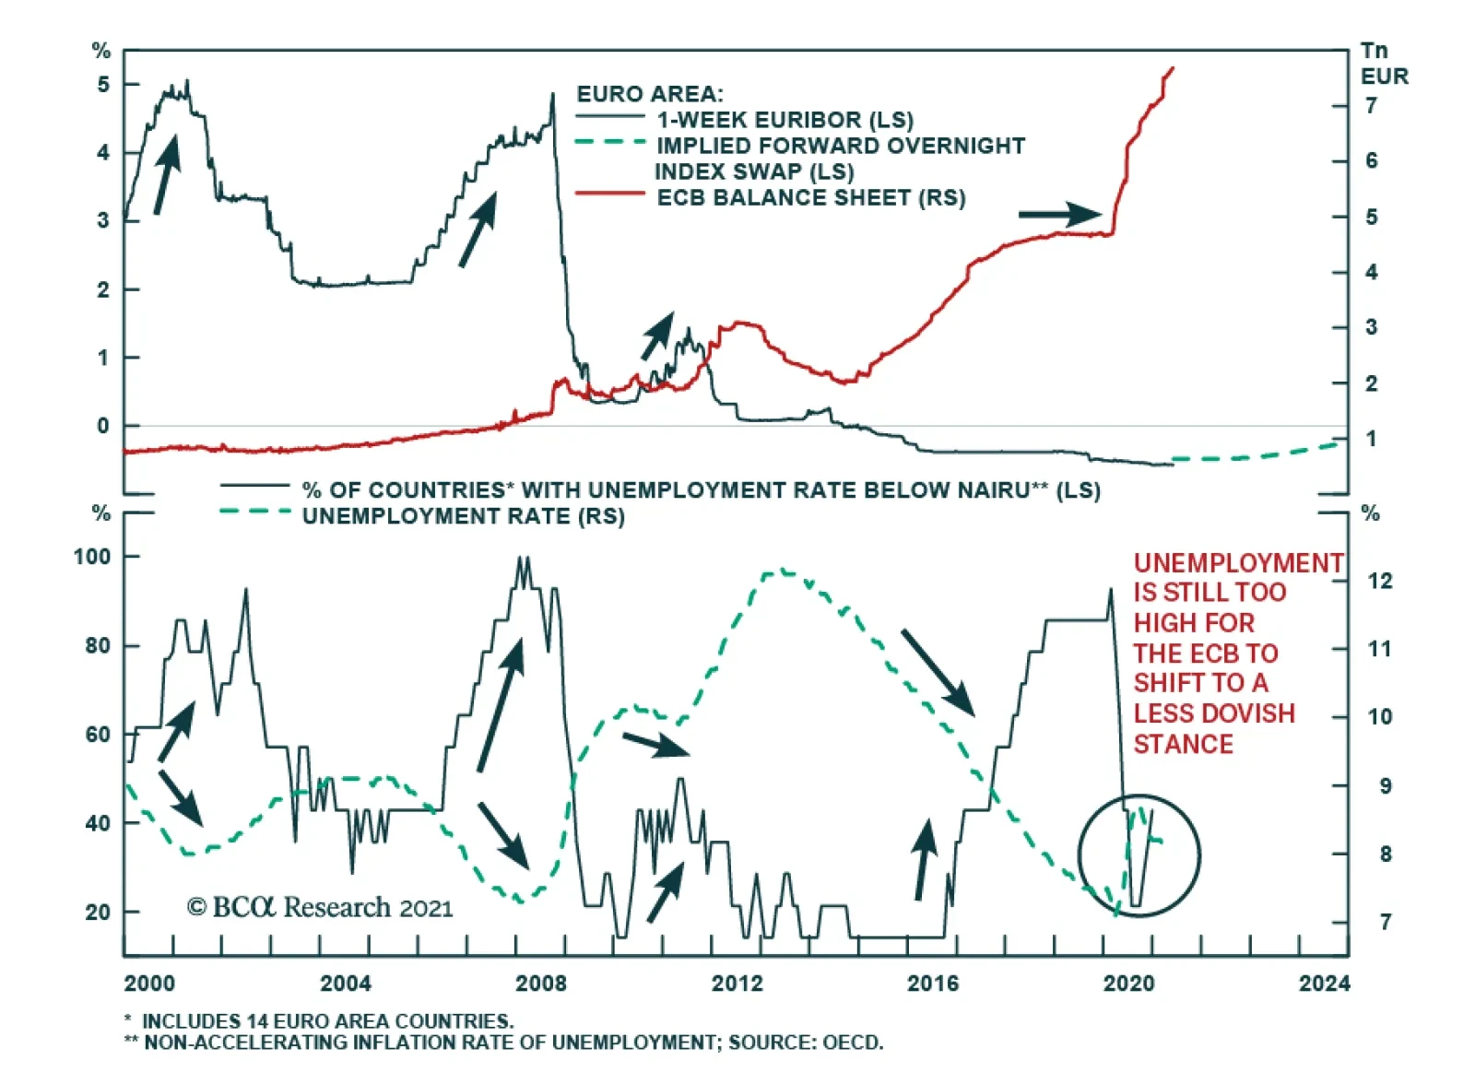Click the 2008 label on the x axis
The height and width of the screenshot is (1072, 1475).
541,984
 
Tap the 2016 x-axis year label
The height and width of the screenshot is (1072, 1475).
933,984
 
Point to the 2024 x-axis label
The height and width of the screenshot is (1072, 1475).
1324,984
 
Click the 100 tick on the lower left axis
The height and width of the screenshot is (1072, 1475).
92,557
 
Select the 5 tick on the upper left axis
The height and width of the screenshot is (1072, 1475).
103,85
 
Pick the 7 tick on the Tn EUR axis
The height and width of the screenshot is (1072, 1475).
1372,106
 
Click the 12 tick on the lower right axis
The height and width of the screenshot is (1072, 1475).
1380,581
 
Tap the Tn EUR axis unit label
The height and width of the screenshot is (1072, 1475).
1384,64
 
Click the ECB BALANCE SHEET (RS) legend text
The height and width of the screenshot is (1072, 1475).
811,197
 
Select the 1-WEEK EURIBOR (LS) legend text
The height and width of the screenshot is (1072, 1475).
785,120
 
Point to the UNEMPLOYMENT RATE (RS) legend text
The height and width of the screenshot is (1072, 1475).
463,516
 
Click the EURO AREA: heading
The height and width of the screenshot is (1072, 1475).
650,94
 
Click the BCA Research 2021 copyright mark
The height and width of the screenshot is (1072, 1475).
320,908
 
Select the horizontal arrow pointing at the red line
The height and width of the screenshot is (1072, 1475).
1058,215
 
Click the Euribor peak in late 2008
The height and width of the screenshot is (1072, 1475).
553,94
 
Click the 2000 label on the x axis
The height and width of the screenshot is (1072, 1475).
149,984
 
